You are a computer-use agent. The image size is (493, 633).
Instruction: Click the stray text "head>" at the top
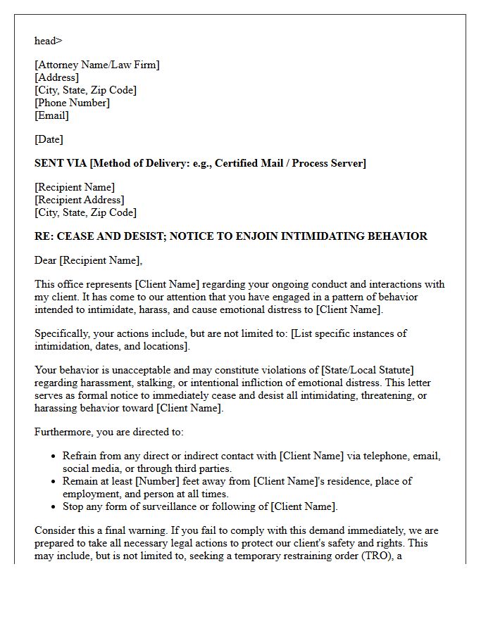(48, 41)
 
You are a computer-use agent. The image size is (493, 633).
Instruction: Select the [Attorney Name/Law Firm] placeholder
(97, 65)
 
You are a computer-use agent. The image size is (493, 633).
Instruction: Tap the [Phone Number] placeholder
(72, 103)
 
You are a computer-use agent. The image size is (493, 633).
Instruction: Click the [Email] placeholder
(51, 115)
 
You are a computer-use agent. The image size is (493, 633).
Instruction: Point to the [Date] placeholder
(49, 139)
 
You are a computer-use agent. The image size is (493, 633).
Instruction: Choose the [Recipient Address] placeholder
(79, 200)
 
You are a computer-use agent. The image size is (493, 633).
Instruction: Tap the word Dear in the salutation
(46, 260)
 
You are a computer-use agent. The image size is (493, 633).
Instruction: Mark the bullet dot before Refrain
(54, 456)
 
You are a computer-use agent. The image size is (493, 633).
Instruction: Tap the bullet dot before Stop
(54, 507)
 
